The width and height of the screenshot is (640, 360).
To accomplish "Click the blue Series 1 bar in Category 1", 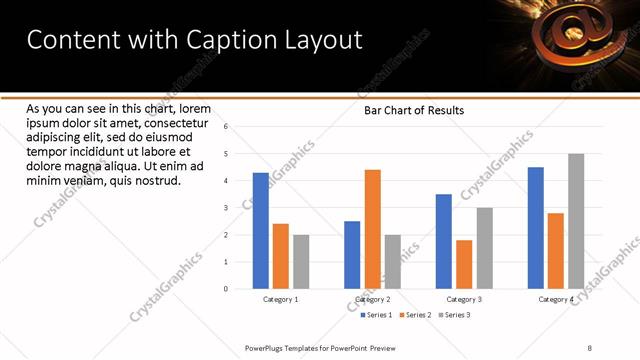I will [261, 231].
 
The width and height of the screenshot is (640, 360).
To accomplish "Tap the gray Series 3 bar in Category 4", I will [575, 221].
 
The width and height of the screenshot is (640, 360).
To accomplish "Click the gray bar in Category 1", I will [301, 262].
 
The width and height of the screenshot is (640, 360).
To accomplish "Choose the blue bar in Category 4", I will [535, 228].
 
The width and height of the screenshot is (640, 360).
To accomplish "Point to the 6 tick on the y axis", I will [226, 127].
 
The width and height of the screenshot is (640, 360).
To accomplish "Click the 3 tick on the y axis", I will [226, 208].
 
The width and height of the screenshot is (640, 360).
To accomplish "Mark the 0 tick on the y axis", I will [226, 289].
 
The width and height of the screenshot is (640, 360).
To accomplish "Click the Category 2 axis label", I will [372, 300].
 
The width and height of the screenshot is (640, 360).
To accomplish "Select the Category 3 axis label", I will [464, 300].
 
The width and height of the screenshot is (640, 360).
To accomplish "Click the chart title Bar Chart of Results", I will [413, 110].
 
